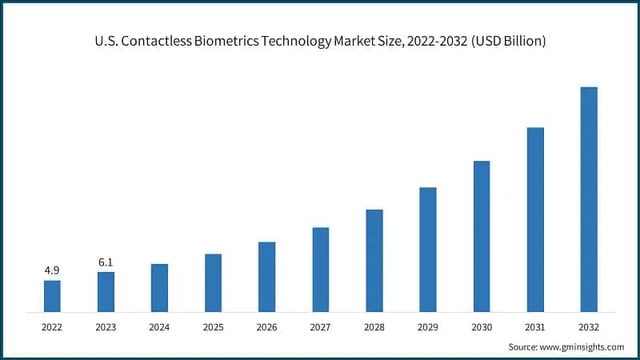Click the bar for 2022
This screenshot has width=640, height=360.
52,295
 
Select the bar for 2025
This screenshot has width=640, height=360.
213,282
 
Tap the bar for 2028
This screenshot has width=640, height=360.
374,260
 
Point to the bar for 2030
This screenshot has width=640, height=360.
482,236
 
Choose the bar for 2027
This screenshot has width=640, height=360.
321,269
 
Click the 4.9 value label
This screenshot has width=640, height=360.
52,270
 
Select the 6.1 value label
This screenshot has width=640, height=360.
106,262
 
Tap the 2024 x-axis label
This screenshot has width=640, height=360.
159,326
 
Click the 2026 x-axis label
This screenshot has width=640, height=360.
266,326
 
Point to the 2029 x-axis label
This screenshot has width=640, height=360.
428,326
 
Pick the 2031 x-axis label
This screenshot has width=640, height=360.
535,326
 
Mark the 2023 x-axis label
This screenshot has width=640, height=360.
106,326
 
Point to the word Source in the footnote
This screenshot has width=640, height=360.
523,346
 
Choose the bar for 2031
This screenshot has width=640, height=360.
535,219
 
